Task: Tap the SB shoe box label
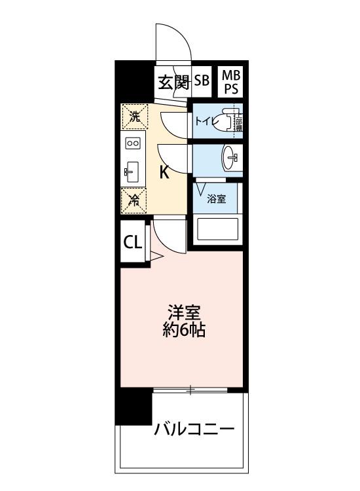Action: click(201, 81)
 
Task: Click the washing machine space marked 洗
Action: click(134, 118)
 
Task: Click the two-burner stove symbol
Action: click(133, 143)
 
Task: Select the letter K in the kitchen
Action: click(166, 173)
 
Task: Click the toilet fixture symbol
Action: click(228, 120)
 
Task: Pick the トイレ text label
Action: click(204, 120)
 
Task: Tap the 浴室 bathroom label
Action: click(217, 199)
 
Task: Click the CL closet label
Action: click(133, 242)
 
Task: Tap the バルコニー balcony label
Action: click(194, 430)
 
